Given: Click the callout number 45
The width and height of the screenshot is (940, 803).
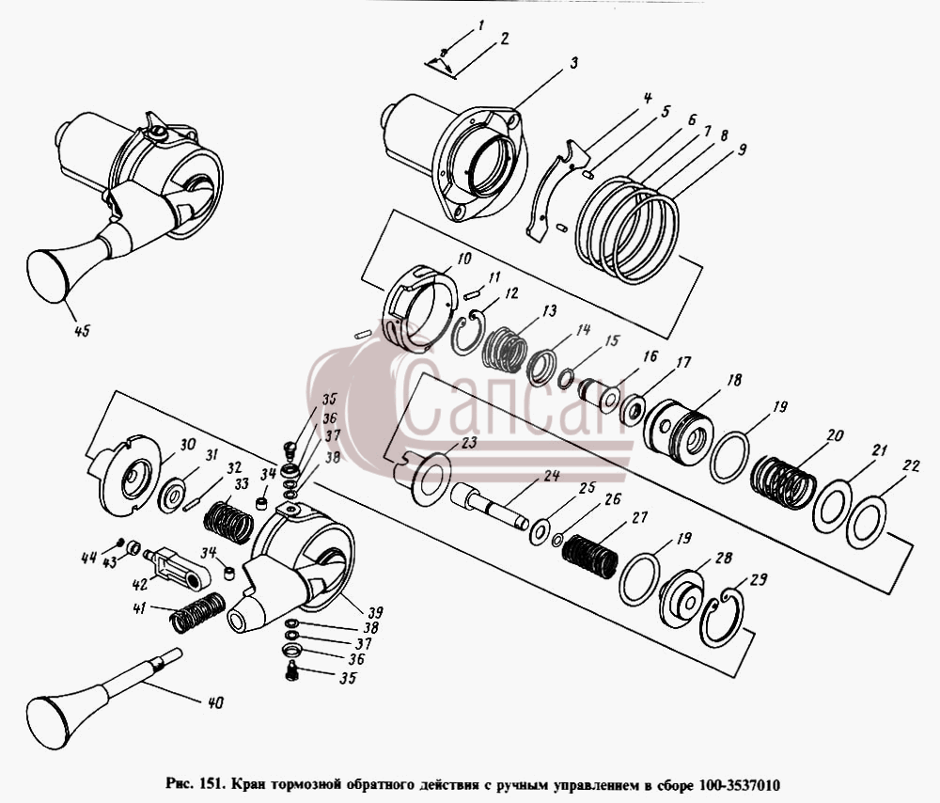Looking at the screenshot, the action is point(82,330).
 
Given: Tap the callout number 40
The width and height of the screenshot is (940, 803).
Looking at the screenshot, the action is point(215,701).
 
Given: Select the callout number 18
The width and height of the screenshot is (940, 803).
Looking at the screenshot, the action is point(734,380).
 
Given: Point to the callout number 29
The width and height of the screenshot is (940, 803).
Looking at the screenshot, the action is point(759,580).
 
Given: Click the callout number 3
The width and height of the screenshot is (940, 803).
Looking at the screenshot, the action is point(573,62).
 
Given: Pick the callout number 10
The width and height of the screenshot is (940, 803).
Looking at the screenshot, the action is point(464,259).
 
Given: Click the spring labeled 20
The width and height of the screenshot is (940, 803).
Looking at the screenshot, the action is point(784,482).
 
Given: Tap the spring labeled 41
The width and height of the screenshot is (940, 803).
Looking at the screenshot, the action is point(197,612).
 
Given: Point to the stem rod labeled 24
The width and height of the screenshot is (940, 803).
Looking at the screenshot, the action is point(489,506).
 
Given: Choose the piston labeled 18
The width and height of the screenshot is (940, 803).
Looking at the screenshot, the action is point(678,433).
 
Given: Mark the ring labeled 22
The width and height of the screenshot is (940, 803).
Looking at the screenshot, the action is point(867,522).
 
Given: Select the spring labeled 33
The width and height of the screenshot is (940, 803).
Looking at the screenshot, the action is point(228,522).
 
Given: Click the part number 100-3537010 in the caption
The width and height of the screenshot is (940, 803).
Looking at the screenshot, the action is point(739,785).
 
